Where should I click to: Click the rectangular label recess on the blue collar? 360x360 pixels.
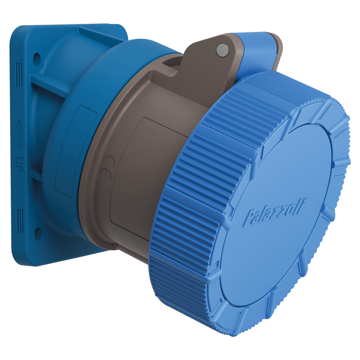70,148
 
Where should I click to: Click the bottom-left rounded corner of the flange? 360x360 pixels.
18,259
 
